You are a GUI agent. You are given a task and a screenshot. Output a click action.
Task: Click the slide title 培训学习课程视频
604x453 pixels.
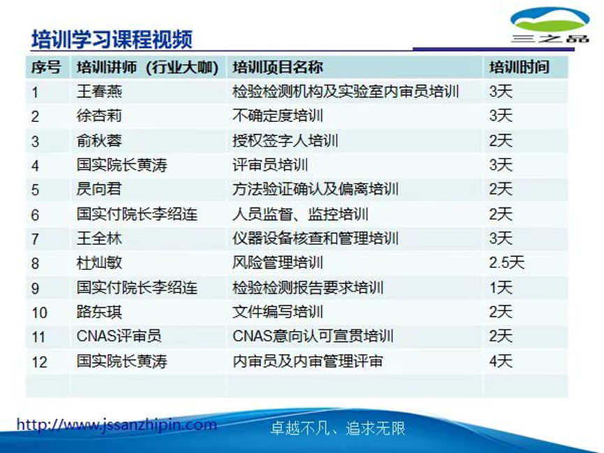112,39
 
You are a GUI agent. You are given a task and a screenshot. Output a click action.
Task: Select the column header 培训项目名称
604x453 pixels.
277,68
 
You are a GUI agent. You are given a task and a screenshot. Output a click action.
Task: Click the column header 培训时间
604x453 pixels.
520,68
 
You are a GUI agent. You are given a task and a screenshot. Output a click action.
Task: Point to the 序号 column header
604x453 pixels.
46,68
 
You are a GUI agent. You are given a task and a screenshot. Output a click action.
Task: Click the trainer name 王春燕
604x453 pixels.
99,91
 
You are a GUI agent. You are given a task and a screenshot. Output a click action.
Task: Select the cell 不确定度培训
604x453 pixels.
277,116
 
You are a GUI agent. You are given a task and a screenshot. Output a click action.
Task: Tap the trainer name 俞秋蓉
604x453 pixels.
99,140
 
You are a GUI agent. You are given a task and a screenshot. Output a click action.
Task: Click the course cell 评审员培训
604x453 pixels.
270,165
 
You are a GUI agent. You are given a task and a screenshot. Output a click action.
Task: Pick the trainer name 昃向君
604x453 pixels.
99,189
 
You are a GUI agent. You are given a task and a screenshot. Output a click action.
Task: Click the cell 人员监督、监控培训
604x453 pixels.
300,214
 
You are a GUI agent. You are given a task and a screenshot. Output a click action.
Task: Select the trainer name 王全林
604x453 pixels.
99,239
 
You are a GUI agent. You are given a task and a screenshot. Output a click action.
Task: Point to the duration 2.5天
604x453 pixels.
506,263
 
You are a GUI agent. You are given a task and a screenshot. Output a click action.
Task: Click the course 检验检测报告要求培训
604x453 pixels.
308,288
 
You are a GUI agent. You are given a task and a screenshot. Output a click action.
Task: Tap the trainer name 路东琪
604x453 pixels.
99,312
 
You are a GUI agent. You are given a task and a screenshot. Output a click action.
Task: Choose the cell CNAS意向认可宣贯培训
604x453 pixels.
313,336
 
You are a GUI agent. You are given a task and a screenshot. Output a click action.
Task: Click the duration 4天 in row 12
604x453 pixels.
501,362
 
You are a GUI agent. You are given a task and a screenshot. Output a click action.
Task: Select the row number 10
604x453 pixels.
39,313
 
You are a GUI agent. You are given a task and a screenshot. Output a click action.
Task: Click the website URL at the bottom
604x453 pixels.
117,425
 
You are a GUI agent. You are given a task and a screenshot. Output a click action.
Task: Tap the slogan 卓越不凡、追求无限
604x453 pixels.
337,429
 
